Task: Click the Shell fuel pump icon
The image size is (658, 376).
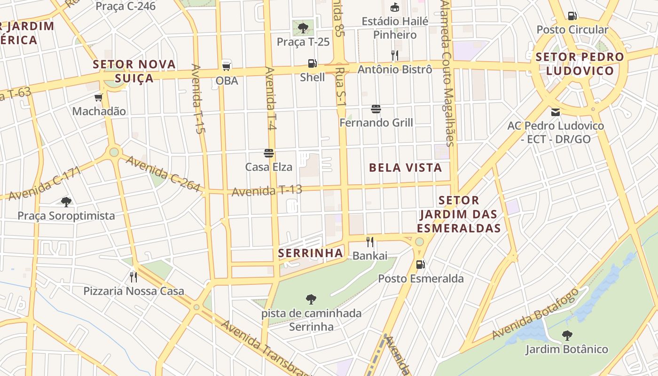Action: click(x=312, y=63)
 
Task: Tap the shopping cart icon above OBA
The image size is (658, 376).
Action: click(x=227, y=66)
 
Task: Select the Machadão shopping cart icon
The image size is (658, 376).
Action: click(x=99, y=97)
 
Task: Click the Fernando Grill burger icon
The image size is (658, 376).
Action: click(x=376, y=109)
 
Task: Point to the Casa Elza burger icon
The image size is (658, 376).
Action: click(x=269, y=153)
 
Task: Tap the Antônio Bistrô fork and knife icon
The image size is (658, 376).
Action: click(x=395, y=55)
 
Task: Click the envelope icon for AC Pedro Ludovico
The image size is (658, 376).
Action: click(x=556, y=112)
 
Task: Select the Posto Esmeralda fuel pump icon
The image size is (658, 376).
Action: click(x=420, y=265)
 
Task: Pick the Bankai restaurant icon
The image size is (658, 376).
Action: click(x=370, y=242)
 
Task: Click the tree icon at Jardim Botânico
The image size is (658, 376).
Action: click(x=567, y=336)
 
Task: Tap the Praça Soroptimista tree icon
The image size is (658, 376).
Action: click(x=66, y=202)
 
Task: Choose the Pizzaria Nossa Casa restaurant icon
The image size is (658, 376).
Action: click(x=133, y=277)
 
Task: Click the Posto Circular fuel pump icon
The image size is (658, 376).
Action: click(x=572, y=16)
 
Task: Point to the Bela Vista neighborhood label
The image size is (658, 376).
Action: click(x=405, y=168)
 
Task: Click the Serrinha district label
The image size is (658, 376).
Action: click(x=310, y=253)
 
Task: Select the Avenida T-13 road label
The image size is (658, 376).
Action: click(x=266, y=191)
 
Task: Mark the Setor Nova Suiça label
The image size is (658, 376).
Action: click(x=134, y=71)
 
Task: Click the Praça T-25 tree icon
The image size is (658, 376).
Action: click(x=303, y=27)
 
